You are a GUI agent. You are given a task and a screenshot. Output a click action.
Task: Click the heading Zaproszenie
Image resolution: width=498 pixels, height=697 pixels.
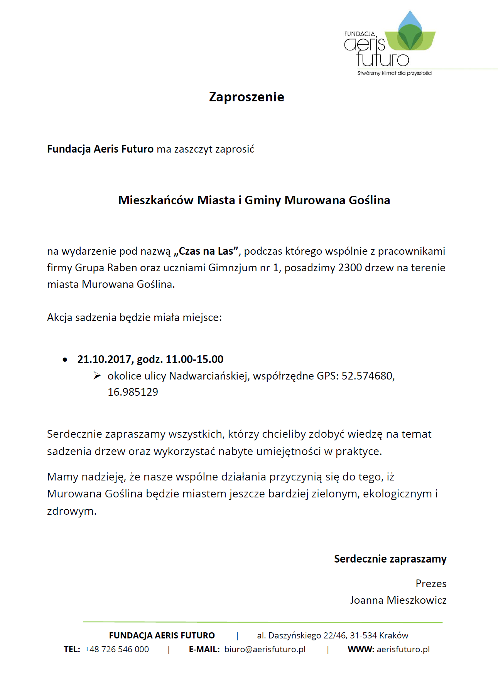pyautogui.click(x=246, y=97)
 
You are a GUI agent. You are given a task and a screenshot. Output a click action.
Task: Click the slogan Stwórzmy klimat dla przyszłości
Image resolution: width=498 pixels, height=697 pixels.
pyautogui.click(x=394, y=73)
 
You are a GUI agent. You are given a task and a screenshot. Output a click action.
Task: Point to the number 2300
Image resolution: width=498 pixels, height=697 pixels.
pyautogui.click(x=350, y=268)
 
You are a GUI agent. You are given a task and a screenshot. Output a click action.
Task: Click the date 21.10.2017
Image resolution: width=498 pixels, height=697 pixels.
pyautogui.click(x=105, y=359)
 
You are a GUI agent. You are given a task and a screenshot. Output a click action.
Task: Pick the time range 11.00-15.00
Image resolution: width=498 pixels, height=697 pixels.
pyautogui.click(x=194, y=359)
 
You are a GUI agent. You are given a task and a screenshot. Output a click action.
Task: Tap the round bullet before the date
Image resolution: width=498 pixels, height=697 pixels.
pyautogui.click(x=65, y=360)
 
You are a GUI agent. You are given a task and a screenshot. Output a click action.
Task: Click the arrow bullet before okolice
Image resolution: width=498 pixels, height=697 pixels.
pyautogui.click(x=97, y=376)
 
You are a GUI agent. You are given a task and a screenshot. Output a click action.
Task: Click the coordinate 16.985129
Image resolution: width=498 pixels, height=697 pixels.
pyautogui.click(x=133, y=392)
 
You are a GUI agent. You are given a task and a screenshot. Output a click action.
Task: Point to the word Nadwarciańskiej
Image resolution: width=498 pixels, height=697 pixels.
pyautogui.click(x=210, y=376)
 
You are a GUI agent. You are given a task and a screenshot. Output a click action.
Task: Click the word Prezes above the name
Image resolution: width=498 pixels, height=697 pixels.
pyautogui.click(x=431, y=584)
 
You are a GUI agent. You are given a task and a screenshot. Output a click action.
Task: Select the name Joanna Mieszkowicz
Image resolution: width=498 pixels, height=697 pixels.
pyautogui.click(x=398, y=600)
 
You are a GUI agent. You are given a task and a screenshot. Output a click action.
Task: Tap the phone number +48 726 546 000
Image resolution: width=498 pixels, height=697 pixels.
pyautogui.click(x=117, y=649)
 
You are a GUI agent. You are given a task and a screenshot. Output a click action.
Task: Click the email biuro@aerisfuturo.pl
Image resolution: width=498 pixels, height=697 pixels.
pyautogui.click(x=265, y=649)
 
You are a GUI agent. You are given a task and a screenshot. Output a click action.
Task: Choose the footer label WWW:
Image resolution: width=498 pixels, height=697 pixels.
pyautogui.click(x=361, y=649)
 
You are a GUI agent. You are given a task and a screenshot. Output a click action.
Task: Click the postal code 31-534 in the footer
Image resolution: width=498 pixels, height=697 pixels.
pyautogui.click(x=363, y=635)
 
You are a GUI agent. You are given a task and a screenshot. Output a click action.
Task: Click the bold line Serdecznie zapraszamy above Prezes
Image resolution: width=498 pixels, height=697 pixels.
pyautogui.click(x=390, y=559)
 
